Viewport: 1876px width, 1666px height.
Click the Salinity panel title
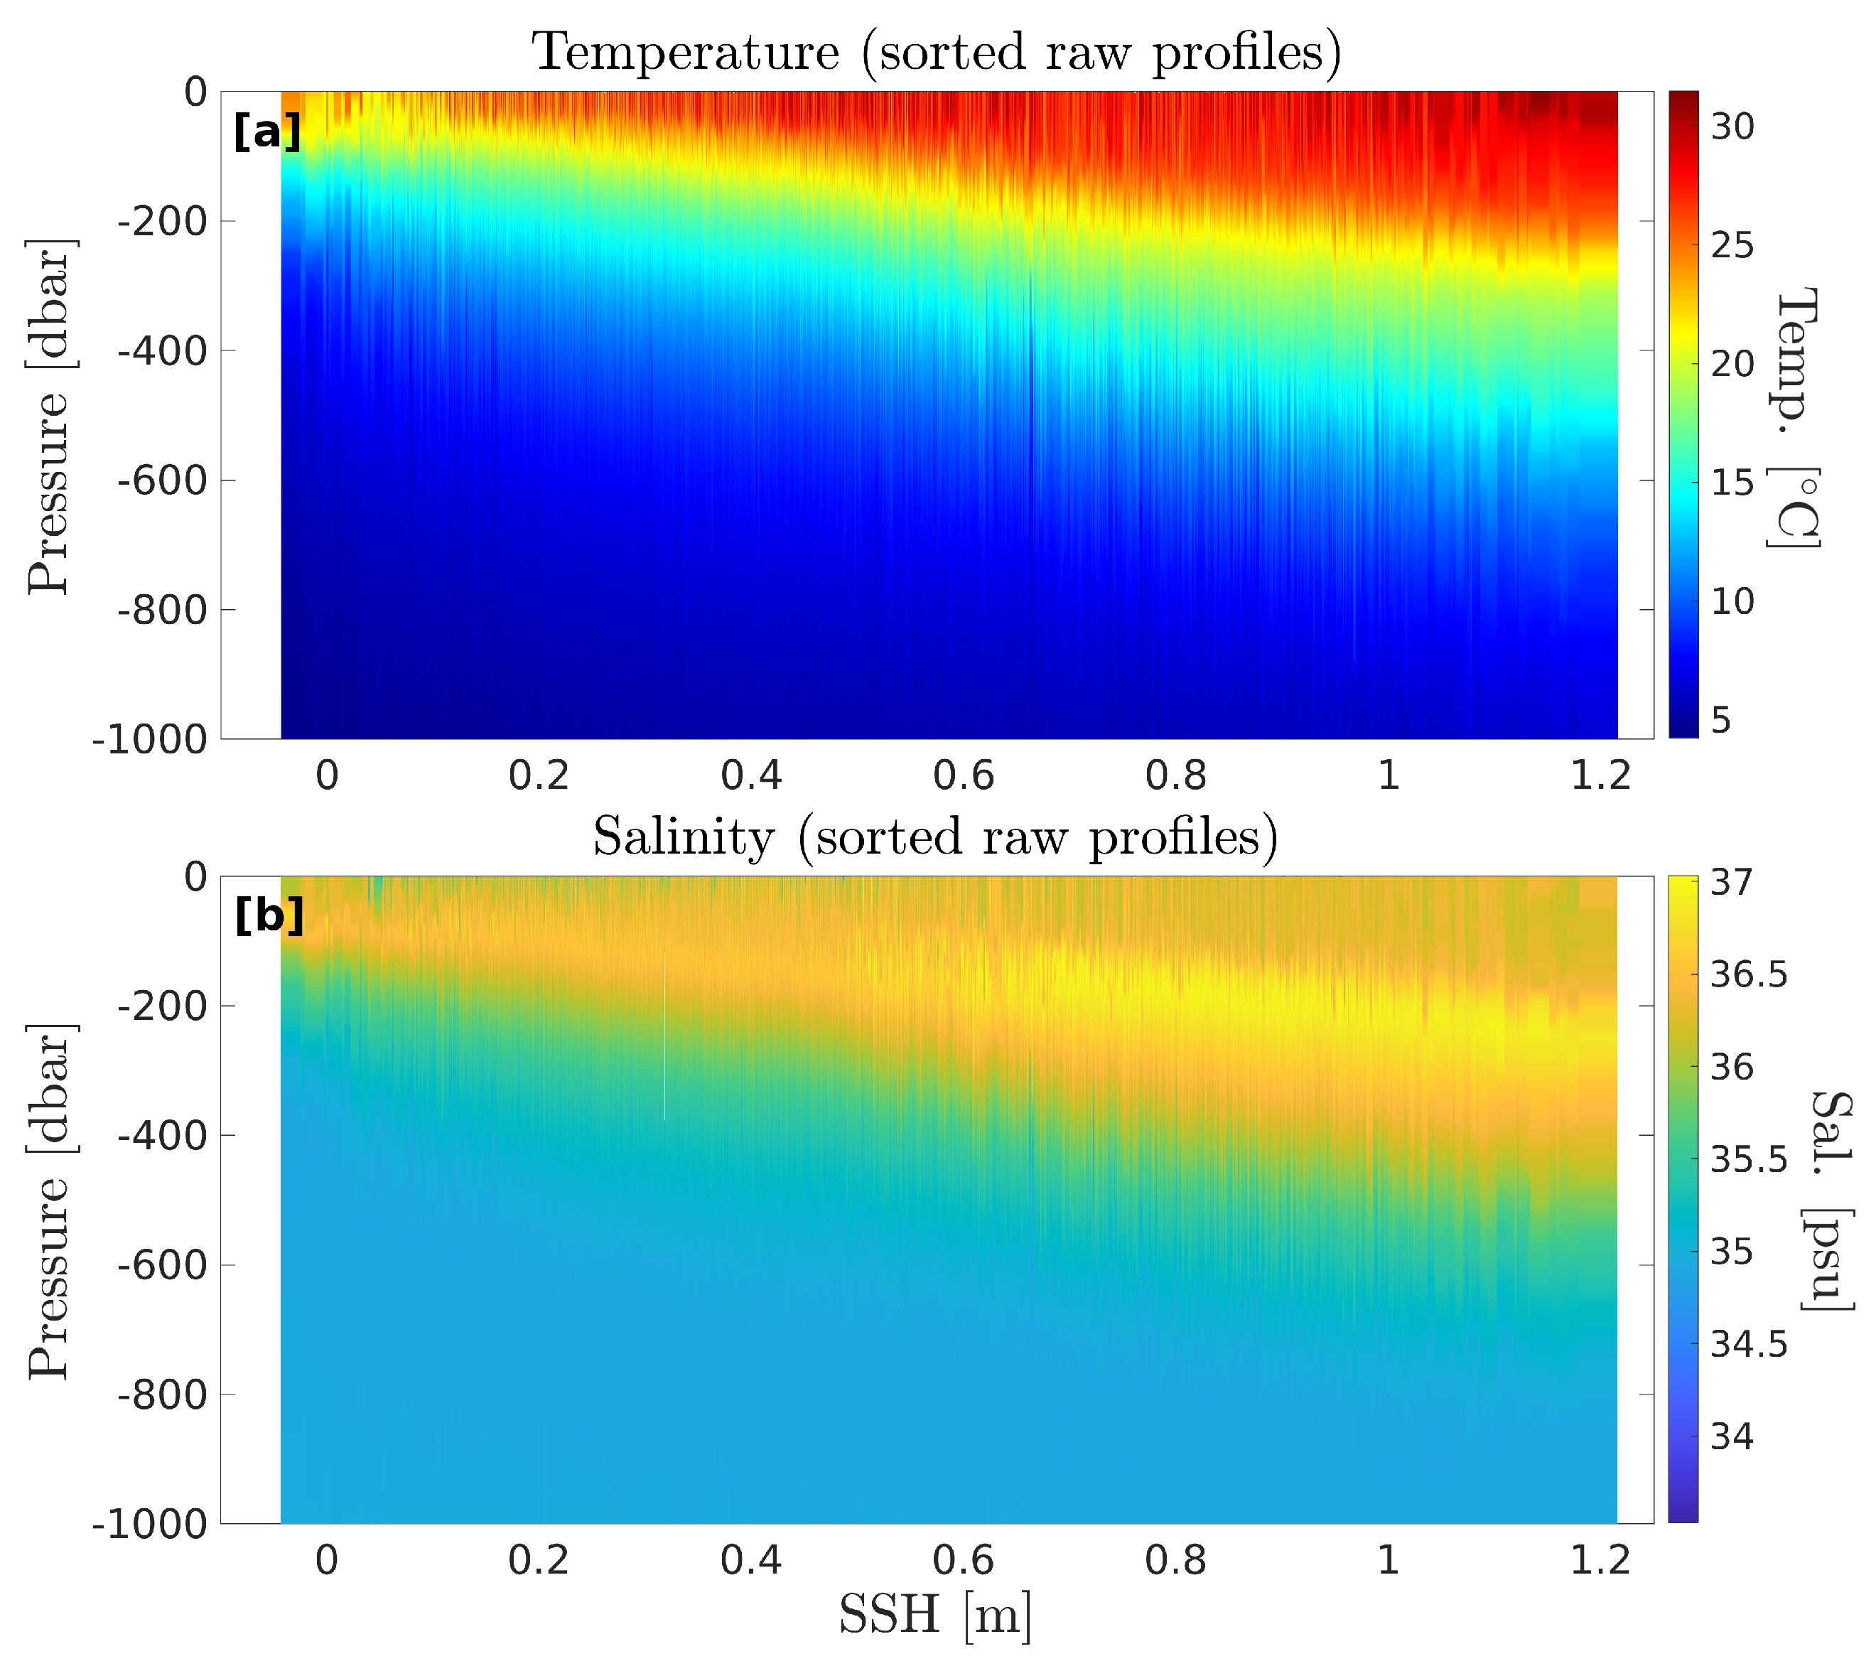(936, 837)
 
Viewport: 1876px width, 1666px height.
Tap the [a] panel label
(267, 132)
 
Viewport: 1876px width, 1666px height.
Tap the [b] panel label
(269, 915)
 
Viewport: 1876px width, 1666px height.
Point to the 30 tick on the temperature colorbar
(1732, 127)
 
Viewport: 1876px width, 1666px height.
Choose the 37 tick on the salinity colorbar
(1732, 882)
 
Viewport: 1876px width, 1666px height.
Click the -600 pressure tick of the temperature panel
(163, 480)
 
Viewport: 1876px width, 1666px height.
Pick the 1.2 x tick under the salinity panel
(1601, 1560)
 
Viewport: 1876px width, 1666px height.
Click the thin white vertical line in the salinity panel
(664, 1037)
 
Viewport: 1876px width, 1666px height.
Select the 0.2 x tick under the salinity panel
(539, 1560)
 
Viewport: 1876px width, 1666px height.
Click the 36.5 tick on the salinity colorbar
(1748, 975)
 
